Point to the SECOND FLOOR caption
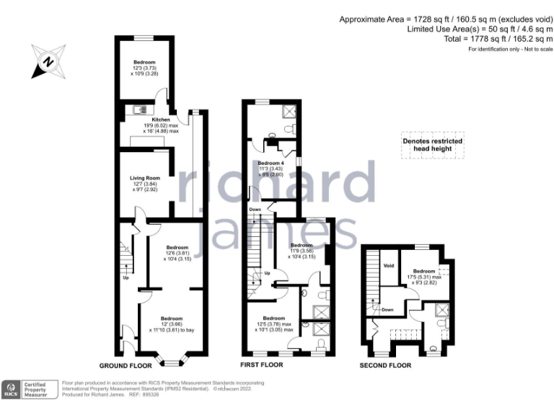[x=386, y=365]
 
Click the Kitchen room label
[x=160, y=119]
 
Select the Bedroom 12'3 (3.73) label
[x=144, y=63]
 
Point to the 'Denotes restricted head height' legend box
[x=432, y=146]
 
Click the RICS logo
[x=12, y=390]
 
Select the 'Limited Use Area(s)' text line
[x=480, y=30]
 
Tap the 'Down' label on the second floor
[x=387, y=310]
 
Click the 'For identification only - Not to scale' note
[x=510, y=49]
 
